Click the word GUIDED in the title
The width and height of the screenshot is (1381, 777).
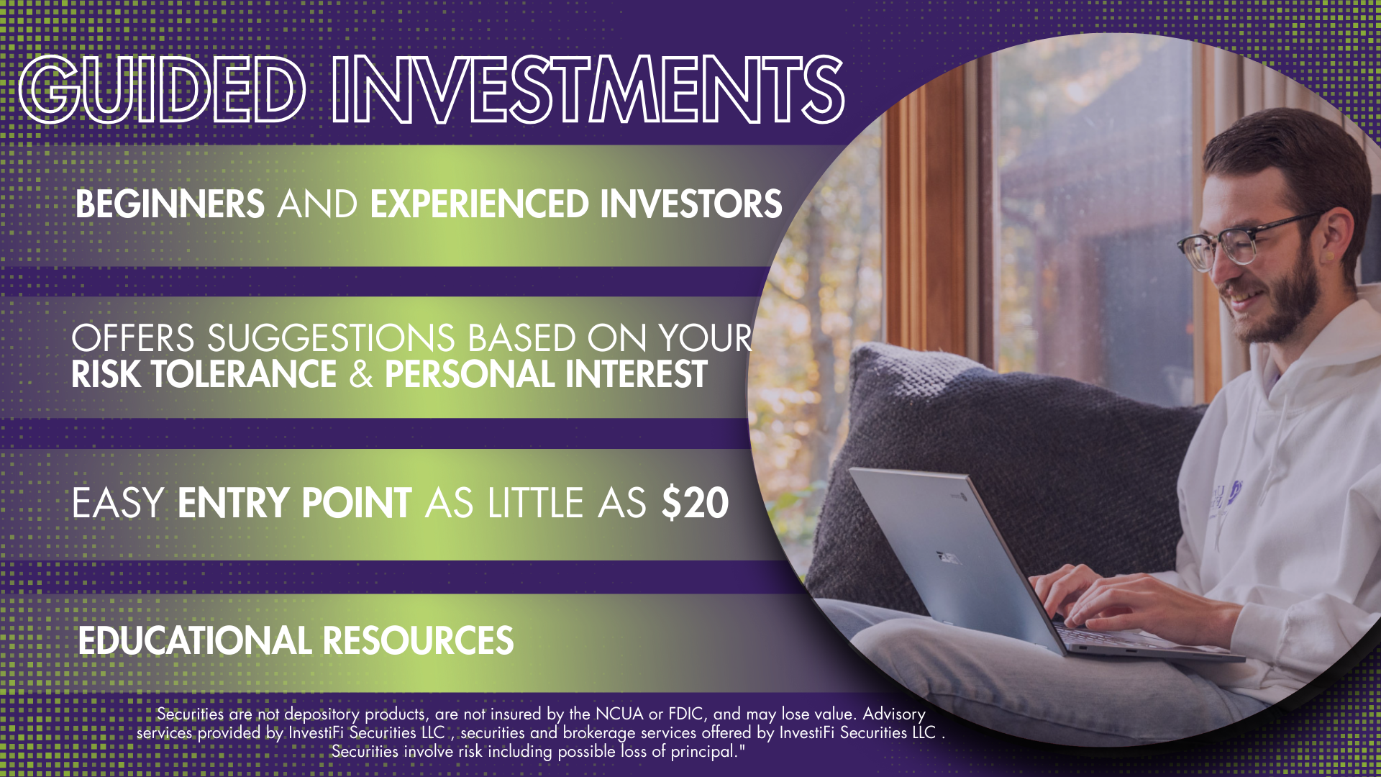pyautogui.click(x=163, y=90)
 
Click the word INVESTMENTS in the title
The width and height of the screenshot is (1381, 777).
pyautogui.click(x=588, y=90)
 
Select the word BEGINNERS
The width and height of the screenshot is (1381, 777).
pyautogui.click(x=170, y=204)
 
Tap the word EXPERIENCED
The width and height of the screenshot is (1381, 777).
pyautogui.click(x=480, y=204)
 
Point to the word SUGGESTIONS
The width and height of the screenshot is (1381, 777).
pyautogui.click(x=332, y=338)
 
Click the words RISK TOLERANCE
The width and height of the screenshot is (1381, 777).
pyautogui.click(x=204, y=374)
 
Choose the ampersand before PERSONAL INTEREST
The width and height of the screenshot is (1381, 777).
pyautogui.click(x=361, y=374)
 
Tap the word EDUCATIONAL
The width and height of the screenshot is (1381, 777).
pyautogui.click(x=195, y=640)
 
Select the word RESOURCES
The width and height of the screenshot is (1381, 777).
pyautogui.click(x=419, y=640)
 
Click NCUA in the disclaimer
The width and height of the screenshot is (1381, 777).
pyautogui.click(x=619, y=714)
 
